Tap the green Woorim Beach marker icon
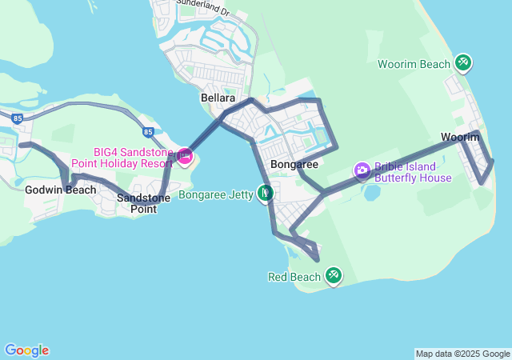click(462, 62)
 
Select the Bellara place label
click(218, 98)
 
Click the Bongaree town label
click(294, 164)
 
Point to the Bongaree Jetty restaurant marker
click(265, 193)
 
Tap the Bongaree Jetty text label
click(215, 194)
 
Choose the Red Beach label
click(294, 277)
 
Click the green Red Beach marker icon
click(333, 276)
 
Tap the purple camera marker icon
click(362, 170)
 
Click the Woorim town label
click(460, 138)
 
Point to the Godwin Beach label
click(61, 190)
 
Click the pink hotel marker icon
click(185, 156)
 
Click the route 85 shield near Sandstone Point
click(148, 132)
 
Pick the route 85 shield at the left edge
click(17, 118)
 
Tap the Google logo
click(26, 350)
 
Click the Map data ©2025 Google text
click(462, 354)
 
